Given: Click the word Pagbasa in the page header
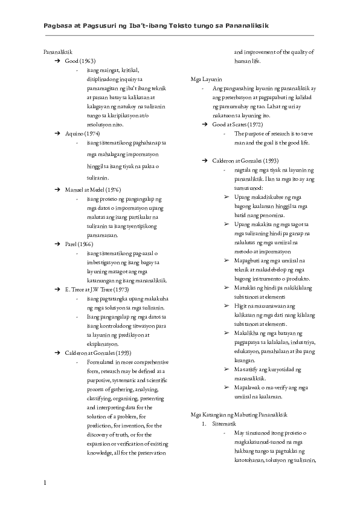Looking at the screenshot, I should click(59, 26).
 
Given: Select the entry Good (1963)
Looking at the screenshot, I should click(80, 61).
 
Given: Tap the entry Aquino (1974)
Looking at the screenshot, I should click(82, 132).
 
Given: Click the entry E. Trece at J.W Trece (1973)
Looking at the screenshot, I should click(98, 290).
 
